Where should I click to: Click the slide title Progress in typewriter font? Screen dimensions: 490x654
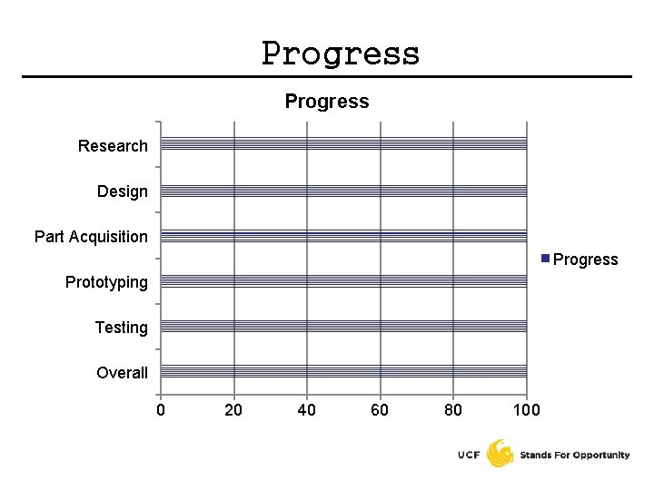click(x=341, y=54)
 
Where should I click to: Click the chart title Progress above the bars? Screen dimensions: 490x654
click(x=327, y=101)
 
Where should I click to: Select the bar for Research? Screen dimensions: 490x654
click(x=343, y=143)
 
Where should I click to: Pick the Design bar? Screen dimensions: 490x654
click(x=343, y=191)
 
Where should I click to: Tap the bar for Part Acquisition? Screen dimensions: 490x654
click(x=343, y=236)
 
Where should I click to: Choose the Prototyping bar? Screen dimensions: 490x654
click(x=343, y=281)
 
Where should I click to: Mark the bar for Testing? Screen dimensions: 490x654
click(x=343, y=327)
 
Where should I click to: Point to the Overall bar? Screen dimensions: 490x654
click(x=343, y=371)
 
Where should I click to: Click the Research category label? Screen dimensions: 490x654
click(x=113, y=146)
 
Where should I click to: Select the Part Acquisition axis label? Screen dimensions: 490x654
click(x=91, y=237)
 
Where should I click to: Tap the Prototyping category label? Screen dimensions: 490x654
click(x=106, y=282)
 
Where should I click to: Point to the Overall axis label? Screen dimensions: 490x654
click(x=122, y=373)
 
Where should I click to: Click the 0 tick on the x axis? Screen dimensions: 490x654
click(x=161, y=410)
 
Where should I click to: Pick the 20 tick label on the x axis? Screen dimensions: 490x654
click(x=234, y=410)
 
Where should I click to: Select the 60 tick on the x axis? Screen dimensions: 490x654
click(x=380, y=410)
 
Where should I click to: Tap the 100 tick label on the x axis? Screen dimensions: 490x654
click(x=526, y=410)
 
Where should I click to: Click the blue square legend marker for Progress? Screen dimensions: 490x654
click(x=545, y=259)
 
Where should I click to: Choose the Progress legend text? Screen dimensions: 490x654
click(x=585, y=260)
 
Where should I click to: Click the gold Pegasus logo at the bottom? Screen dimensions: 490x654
click(x=500, y=453)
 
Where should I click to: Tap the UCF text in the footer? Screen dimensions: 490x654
click(x=470, y=455)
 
